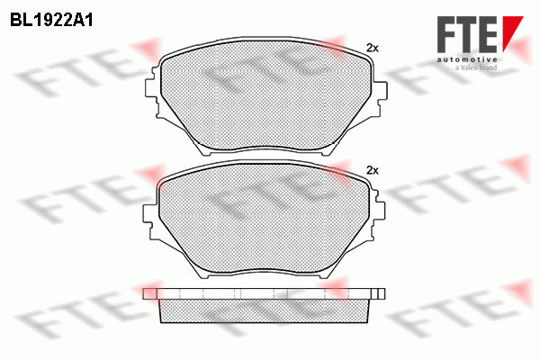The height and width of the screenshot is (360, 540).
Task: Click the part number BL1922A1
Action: pos(51,21)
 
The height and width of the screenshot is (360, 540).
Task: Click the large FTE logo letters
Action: pos(468,34)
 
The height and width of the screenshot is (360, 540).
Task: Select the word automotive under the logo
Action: pos(467,59)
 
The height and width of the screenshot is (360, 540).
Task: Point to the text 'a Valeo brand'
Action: pos(476,67)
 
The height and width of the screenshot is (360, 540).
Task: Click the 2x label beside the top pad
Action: pos(372,49)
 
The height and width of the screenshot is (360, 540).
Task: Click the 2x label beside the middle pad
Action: pos(372,170)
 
